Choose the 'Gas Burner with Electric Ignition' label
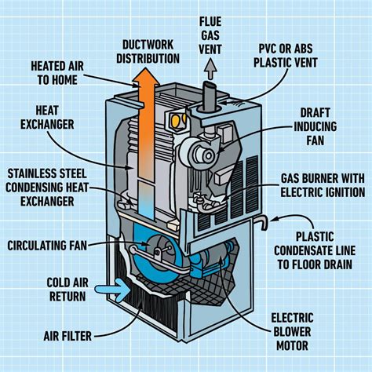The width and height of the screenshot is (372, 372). tap(321, 184)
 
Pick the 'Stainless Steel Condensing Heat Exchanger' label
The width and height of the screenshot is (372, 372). tap(52, 186)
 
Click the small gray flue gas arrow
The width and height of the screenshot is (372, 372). tap(210, 71)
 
